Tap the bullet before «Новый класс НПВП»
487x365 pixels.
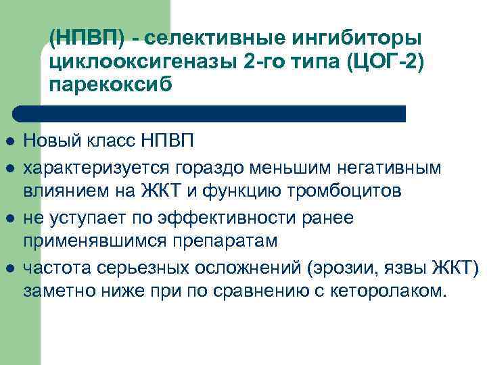[9, 142]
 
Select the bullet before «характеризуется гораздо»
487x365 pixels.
[9, 167]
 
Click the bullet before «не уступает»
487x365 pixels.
[9, 218]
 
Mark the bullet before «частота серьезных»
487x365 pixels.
[9, 268]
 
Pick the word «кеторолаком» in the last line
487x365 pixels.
[392, 293]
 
